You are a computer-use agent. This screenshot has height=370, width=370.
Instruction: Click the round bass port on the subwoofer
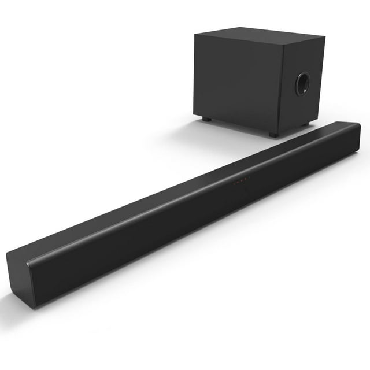click(x=302, y=84)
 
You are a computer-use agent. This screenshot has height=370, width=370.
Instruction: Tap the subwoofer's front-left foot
click(x=206, y=119)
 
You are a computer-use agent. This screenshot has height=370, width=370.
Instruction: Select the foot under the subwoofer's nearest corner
click(x=273, y=134)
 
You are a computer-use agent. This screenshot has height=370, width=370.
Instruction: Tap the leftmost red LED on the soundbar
click(x=234, y=184)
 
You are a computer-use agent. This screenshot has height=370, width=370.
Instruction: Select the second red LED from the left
click(x=238, y=183)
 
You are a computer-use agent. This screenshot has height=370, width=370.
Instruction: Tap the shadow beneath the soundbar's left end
click(x=17, y=305)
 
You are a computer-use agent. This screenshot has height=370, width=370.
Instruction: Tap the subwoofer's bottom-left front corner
click(x=197, y=116)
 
